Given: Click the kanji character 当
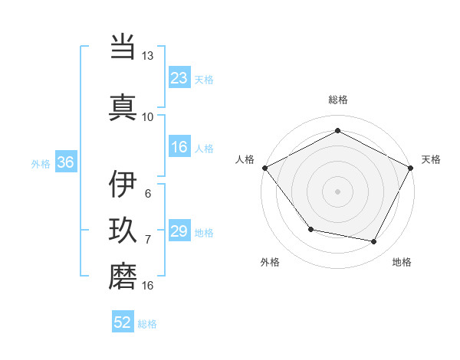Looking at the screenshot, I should pos(123,47).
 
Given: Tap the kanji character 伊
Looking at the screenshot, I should pos(123,185).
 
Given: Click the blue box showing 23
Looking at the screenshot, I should pos(179,77).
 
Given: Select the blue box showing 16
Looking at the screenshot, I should pos(179,148).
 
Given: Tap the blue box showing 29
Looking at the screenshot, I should pos(179,231).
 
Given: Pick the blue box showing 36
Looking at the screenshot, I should pos(65,162).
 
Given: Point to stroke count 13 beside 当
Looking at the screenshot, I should pos(147,57).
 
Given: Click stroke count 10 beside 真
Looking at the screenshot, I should pos(147,116).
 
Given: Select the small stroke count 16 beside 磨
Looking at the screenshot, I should pos(147,286).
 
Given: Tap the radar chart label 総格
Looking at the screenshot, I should pos(337,100).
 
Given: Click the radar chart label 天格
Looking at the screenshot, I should pos(431,159).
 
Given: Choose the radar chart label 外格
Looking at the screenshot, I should pos(270,262).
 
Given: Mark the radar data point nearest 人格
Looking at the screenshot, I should pos(264,167).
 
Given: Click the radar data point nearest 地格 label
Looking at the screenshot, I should pos(374,242).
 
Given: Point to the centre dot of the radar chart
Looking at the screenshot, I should pos(337,191).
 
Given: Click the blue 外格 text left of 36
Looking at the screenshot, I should pos(41,163).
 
